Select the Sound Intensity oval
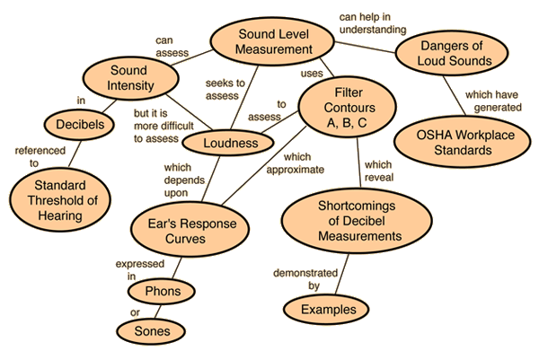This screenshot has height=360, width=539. (x=128, y=78)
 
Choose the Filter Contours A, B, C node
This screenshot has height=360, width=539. (x=344, y=107)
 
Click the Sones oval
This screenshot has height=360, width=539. (x=155, y=331)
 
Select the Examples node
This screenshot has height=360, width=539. (x=327, y=310)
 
